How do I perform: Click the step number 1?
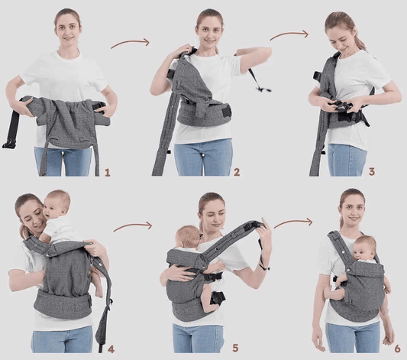(108, 173)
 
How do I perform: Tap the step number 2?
(237, 172)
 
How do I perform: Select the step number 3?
(372, 172)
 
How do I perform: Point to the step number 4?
(111, 349)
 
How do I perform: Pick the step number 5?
(235, 348)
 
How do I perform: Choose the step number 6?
(397, 349)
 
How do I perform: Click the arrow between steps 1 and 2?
(131, 43)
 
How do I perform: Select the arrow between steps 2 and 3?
(289, 34)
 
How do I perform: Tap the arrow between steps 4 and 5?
(133, 226)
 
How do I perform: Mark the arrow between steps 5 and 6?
(293, 222)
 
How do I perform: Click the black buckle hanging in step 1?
(8, 144)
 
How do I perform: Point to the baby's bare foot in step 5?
(209, 306)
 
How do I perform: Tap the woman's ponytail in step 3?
(360, 39)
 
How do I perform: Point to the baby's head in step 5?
(187, 237)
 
